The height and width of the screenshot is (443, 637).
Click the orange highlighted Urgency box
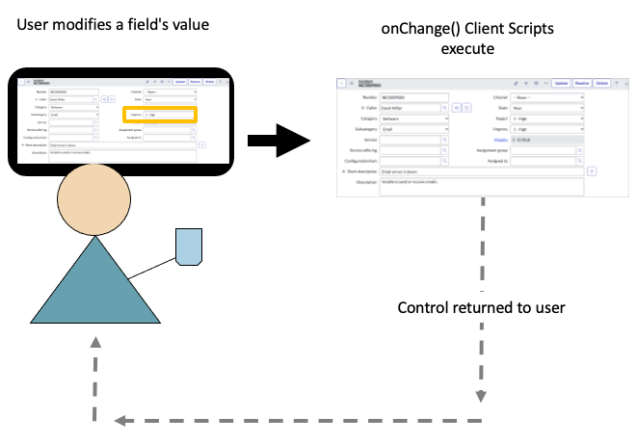click(171, 115)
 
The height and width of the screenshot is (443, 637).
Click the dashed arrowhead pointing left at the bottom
click(119, 421)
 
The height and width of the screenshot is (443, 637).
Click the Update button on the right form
click(560, 84)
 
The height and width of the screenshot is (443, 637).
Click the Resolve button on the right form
click(582, 84)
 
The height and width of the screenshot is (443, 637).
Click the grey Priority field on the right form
click(547, 139)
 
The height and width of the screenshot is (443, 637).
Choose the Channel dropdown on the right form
click(547, 97)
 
